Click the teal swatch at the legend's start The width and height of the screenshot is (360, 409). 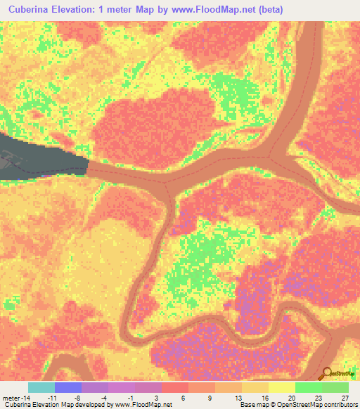point(41,387)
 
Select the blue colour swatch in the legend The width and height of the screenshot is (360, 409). point(68,387)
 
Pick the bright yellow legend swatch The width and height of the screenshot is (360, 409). point(282,387)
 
